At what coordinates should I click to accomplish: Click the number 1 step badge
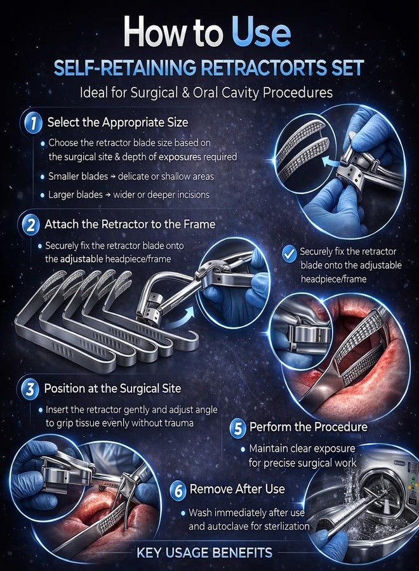(x=33, y=122)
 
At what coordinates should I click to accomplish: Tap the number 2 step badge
(x=30, y=225)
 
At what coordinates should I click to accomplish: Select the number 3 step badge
(x=30, y=389)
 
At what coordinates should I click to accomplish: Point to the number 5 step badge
(x=237, y=428)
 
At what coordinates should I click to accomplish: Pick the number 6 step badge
(x=178, y=490)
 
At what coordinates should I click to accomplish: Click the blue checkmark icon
(x=289, y=253)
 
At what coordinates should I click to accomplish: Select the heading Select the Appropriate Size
(x=117, y=122)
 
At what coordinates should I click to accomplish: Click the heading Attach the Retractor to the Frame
(x=130, y=224)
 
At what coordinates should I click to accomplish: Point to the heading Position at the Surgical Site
(x=112, y=388)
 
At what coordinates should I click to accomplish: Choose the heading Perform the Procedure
(x=309, y=426)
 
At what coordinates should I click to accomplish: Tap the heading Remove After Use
(x=237, y=489)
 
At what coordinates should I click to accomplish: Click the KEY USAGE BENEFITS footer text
(x=204, y=553)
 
